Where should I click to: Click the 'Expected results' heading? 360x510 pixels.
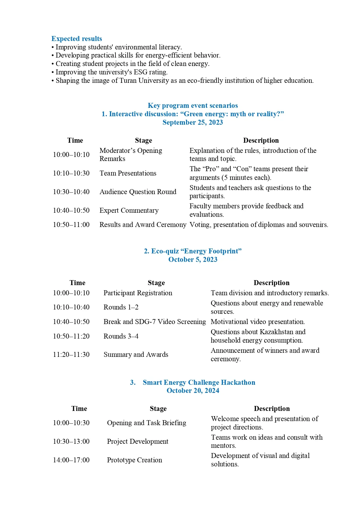pos(77,39)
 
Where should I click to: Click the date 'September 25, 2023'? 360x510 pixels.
pos(192,122)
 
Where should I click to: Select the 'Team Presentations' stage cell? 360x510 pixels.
pos(128,173)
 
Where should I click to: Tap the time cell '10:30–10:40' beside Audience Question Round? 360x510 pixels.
pos(71,192)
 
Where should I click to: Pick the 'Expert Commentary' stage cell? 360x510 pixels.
pos(129,210)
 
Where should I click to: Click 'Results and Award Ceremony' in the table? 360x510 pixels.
pos(143,225)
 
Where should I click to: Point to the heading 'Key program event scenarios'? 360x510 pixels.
pos(192,105)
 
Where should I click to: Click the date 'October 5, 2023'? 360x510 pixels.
pos(193,260)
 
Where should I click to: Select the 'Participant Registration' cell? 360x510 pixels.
pos(138,293)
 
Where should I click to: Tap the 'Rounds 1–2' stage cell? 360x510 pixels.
pos(121,307)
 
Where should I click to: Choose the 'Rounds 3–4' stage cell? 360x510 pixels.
pos(121,336)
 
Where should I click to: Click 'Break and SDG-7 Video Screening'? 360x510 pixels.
pos(154,322)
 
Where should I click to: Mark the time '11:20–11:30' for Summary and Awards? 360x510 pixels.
pos(71,355)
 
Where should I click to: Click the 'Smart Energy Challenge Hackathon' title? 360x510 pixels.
pos(199,382)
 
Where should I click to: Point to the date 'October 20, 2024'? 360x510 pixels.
pos(193,391)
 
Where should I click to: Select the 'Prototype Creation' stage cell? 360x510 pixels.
pos(134,460)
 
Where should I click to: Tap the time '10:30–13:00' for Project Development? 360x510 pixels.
pos(71,441)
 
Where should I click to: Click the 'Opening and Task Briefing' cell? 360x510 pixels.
pos(146,423)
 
